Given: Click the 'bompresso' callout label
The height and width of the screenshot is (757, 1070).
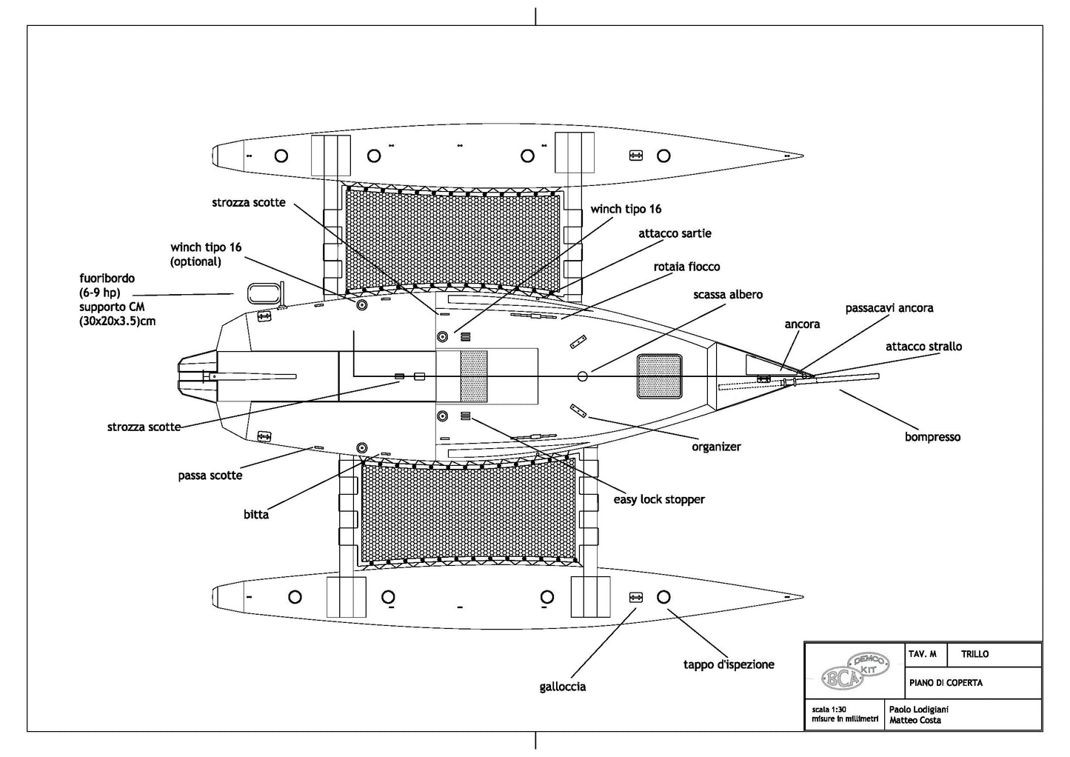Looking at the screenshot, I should click(x=932, y=437).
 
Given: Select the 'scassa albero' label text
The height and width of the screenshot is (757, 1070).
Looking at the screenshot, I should click(x=728, y=295).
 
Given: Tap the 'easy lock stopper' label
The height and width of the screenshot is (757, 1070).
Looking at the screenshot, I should click(x=659, y=500).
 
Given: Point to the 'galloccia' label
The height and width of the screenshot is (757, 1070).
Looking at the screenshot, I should click(x=563, y=687).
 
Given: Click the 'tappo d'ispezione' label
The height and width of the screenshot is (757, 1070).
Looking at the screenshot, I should click(x=729, y=664).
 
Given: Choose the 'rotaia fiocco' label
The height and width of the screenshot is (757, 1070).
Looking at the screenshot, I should click(x=686, y=267).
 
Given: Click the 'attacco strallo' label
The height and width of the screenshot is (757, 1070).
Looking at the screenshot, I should click(x=923, y=347).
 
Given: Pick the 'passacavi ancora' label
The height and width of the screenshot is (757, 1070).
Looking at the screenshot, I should click(x=889, y=308).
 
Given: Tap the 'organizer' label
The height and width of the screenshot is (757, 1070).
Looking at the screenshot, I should click(x=716, y=447).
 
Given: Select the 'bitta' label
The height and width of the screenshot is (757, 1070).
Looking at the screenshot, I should click(x=256, y=514).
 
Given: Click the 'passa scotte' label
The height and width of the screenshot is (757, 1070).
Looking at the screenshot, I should click(x=210, y=476).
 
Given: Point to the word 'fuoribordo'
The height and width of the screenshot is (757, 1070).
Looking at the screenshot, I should click(x=107, y=279).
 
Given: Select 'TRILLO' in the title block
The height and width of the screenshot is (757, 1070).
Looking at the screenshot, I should click(x=974, y=654).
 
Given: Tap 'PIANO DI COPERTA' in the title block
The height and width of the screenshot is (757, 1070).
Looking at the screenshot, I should click(x=946, y=682).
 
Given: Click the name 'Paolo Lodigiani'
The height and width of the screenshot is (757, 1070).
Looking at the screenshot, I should click(x=918, y=709).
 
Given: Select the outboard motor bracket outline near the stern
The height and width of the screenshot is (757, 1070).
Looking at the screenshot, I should click(x=261, y=293).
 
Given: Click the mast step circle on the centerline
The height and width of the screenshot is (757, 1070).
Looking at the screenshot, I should click(x=583, y=376).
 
